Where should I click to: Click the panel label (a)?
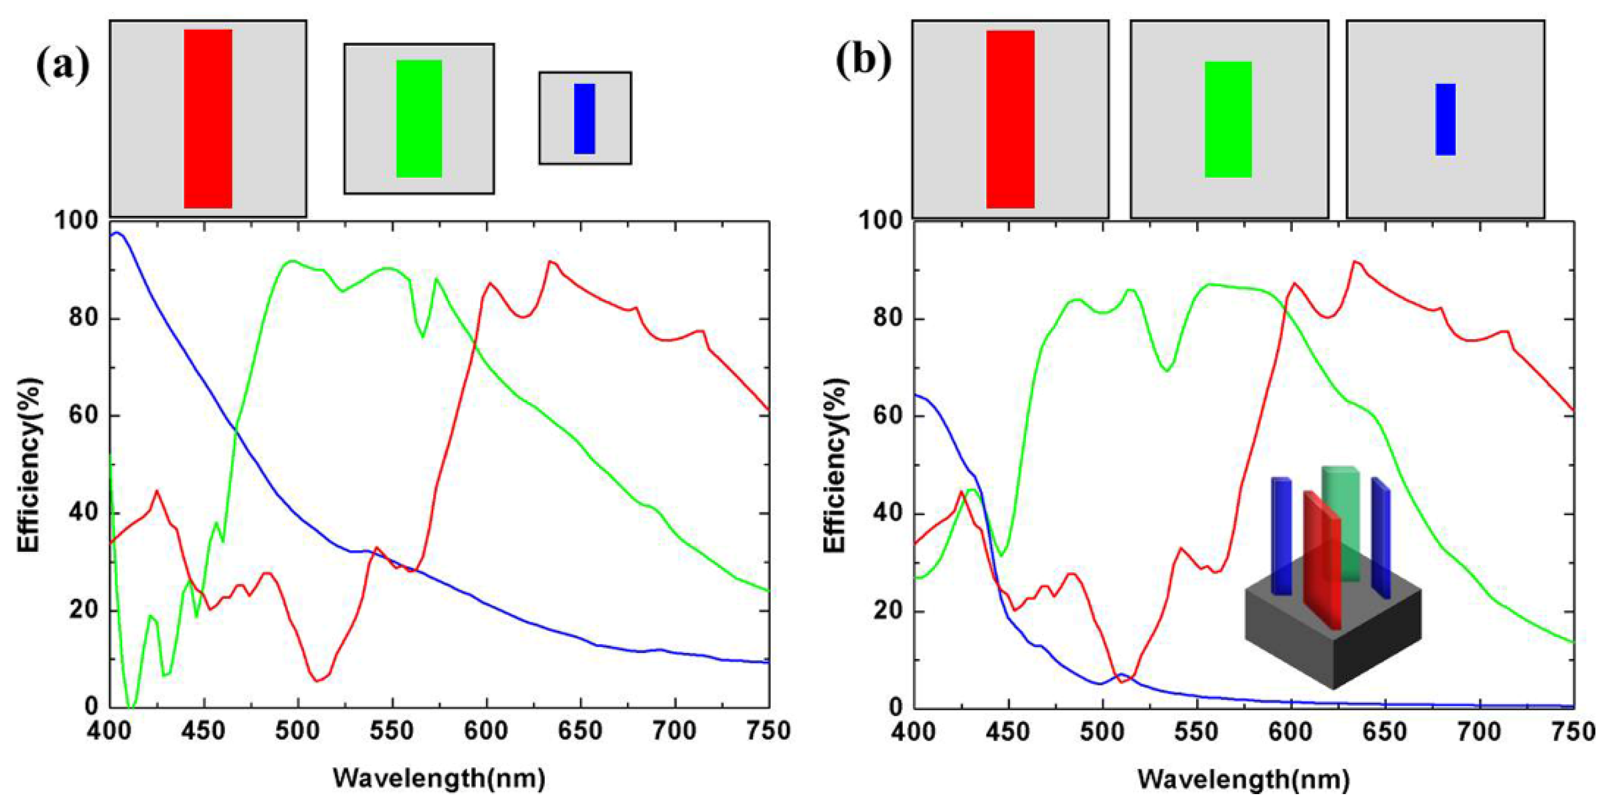tap(62, 65)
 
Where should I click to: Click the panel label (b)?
tap(864, 61)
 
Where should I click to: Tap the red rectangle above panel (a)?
tap(208, 118)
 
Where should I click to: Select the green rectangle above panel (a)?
tap(419, 118)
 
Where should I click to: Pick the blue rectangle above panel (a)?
tap(584, 118)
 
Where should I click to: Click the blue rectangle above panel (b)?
tap(1445, 119)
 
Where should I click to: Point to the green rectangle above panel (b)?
tap(1228, 119)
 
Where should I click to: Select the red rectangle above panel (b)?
tap(1010, 119)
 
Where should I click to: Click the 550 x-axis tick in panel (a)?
tap(392, 731)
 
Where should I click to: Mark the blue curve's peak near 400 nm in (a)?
tap(116, 233)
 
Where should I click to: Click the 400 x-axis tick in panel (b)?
tap(914, 731)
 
